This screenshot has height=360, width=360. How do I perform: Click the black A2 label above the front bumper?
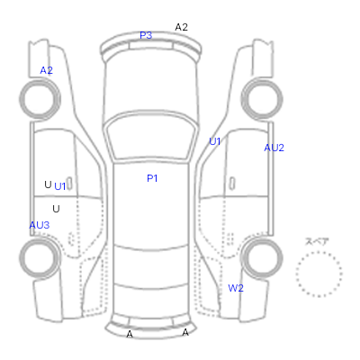181,27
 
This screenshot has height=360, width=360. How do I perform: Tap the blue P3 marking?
146,35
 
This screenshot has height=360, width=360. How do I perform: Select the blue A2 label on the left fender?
46,70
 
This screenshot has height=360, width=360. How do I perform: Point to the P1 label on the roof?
152,178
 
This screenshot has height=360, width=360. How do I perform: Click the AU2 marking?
274,148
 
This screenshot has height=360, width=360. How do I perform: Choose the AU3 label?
40,225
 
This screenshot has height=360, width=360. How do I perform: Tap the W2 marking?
236,288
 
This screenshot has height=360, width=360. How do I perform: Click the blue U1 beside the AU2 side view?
215,141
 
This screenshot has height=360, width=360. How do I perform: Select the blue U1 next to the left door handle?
60,186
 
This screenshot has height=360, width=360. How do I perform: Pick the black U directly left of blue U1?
48,184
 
